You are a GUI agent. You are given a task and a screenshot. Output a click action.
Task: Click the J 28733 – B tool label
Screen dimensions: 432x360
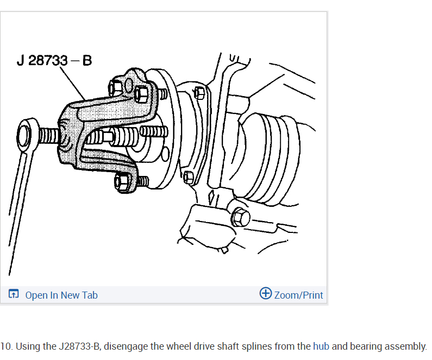[54, 60]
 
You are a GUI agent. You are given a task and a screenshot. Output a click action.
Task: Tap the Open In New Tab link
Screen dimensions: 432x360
[61, 295]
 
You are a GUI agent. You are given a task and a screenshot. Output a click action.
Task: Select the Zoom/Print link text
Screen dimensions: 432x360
[298, 295]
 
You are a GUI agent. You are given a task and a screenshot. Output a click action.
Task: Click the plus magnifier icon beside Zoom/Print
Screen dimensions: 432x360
[266, 293]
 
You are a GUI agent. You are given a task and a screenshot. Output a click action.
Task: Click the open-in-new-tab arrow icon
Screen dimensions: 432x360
[14, 294]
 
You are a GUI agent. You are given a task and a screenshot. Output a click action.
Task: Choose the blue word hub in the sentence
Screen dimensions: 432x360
[321, 346]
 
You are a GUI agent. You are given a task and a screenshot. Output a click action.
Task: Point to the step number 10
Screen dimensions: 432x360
[7, 346]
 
